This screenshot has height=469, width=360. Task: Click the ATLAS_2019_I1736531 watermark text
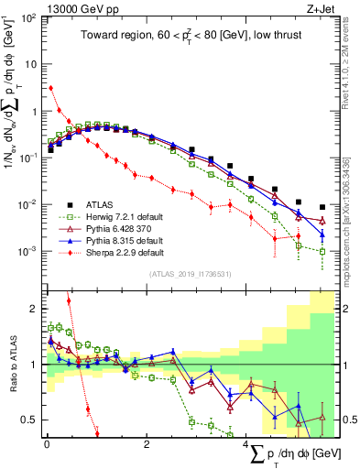point(189,273)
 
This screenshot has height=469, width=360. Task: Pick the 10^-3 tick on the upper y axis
point(28,251)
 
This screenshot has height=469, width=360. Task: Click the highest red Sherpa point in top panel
point(50,88)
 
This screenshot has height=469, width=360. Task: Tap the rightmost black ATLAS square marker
point(322,207)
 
